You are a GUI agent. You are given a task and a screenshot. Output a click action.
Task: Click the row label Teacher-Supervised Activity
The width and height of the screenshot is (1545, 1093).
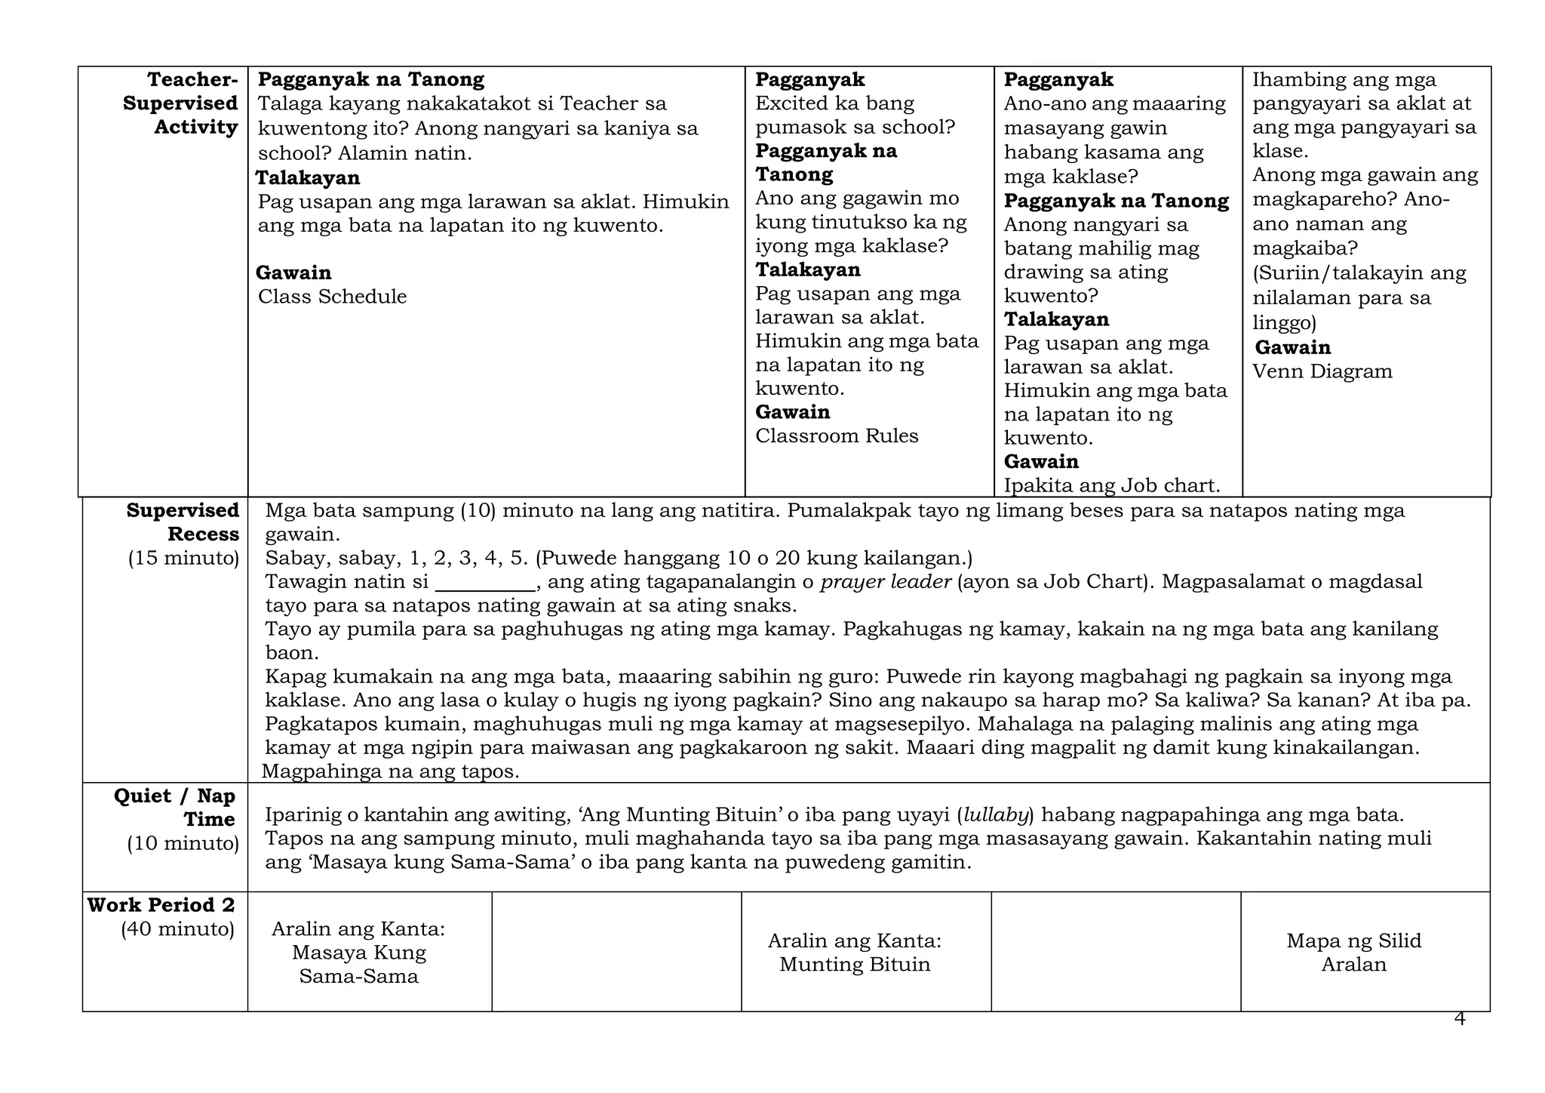[x=181, y=103]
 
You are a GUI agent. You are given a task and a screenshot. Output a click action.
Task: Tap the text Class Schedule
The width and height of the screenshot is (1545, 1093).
[x=332, y=297]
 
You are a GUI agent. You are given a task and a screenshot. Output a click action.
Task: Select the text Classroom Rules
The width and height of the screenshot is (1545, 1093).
[x=837, y=436]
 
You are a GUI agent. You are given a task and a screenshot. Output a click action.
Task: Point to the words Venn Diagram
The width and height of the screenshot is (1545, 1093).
[x=1322, y=371]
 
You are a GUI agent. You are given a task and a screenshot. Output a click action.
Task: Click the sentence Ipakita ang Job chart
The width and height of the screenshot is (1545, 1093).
[x=1111, y=485]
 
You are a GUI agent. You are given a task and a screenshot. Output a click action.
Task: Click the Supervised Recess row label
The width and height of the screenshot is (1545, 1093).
[x=183, y=522]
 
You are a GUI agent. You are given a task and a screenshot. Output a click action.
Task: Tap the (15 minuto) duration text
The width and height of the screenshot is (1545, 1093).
[x=183, y=559]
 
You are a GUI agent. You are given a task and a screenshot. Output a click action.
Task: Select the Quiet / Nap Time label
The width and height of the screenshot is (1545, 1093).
[x=175, y=808]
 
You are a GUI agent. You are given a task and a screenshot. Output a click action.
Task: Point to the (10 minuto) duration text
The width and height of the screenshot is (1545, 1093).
[x=183, y=843]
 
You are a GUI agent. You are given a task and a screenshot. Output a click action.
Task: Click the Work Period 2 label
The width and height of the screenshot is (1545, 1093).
[x=161, y=905]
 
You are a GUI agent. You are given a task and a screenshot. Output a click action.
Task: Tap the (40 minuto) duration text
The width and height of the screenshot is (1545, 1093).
[x=178, y=929]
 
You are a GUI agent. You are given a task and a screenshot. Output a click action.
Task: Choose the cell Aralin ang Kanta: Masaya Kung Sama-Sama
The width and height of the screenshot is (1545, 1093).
[x=358, y=953]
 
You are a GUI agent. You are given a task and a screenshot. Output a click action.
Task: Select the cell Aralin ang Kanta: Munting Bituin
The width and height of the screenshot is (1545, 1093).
[x=855, y=953]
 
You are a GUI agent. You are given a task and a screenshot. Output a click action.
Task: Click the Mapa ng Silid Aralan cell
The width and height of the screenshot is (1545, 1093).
[x=1353, y=953]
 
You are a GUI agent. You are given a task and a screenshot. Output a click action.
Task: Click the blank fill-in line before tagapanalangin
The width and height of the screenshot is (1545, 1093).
[x=485, y=583]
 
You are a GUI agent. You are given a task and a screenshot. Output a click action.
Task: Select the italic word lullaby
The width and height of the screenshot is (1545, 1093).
[x=996, y=815]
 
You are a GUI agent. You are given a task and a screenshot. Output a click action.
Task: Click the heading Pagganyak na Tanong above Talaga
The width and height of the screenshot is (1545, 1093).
[x=371, y=79]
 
